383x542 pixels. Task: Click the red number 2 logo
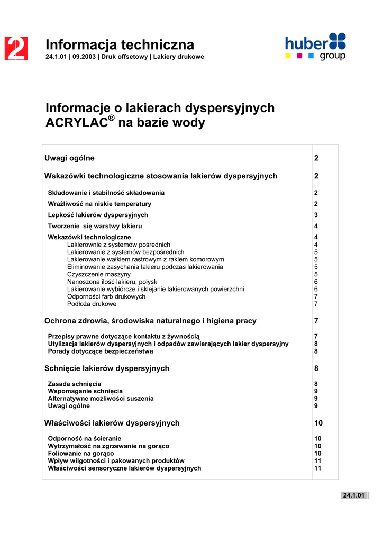16,49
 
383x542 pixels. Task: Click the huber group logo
315,47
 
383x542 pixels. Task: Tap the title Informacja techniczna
120,44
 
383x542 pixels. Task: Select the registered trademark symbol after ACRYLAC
112,119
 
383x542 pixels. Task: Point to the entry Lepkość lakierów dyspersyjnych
98,215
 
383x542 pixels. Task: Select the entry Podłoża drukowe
92,304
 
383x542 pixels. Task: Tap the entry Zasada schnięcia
75,384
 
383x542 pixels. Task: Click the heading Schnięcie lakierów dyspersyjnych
107,368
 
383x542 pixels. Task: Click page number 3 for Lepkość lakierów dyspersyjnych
316,215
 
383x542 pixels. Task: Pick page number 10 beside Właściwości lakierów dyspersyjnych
318,423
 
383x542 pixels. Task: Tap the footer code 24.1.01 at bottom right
354,495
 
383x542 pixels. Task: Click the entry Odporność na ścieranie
85,439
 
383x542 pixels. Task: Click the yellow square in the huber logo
288,56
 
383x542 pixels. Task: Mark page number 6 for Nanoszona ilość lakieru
316,282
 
